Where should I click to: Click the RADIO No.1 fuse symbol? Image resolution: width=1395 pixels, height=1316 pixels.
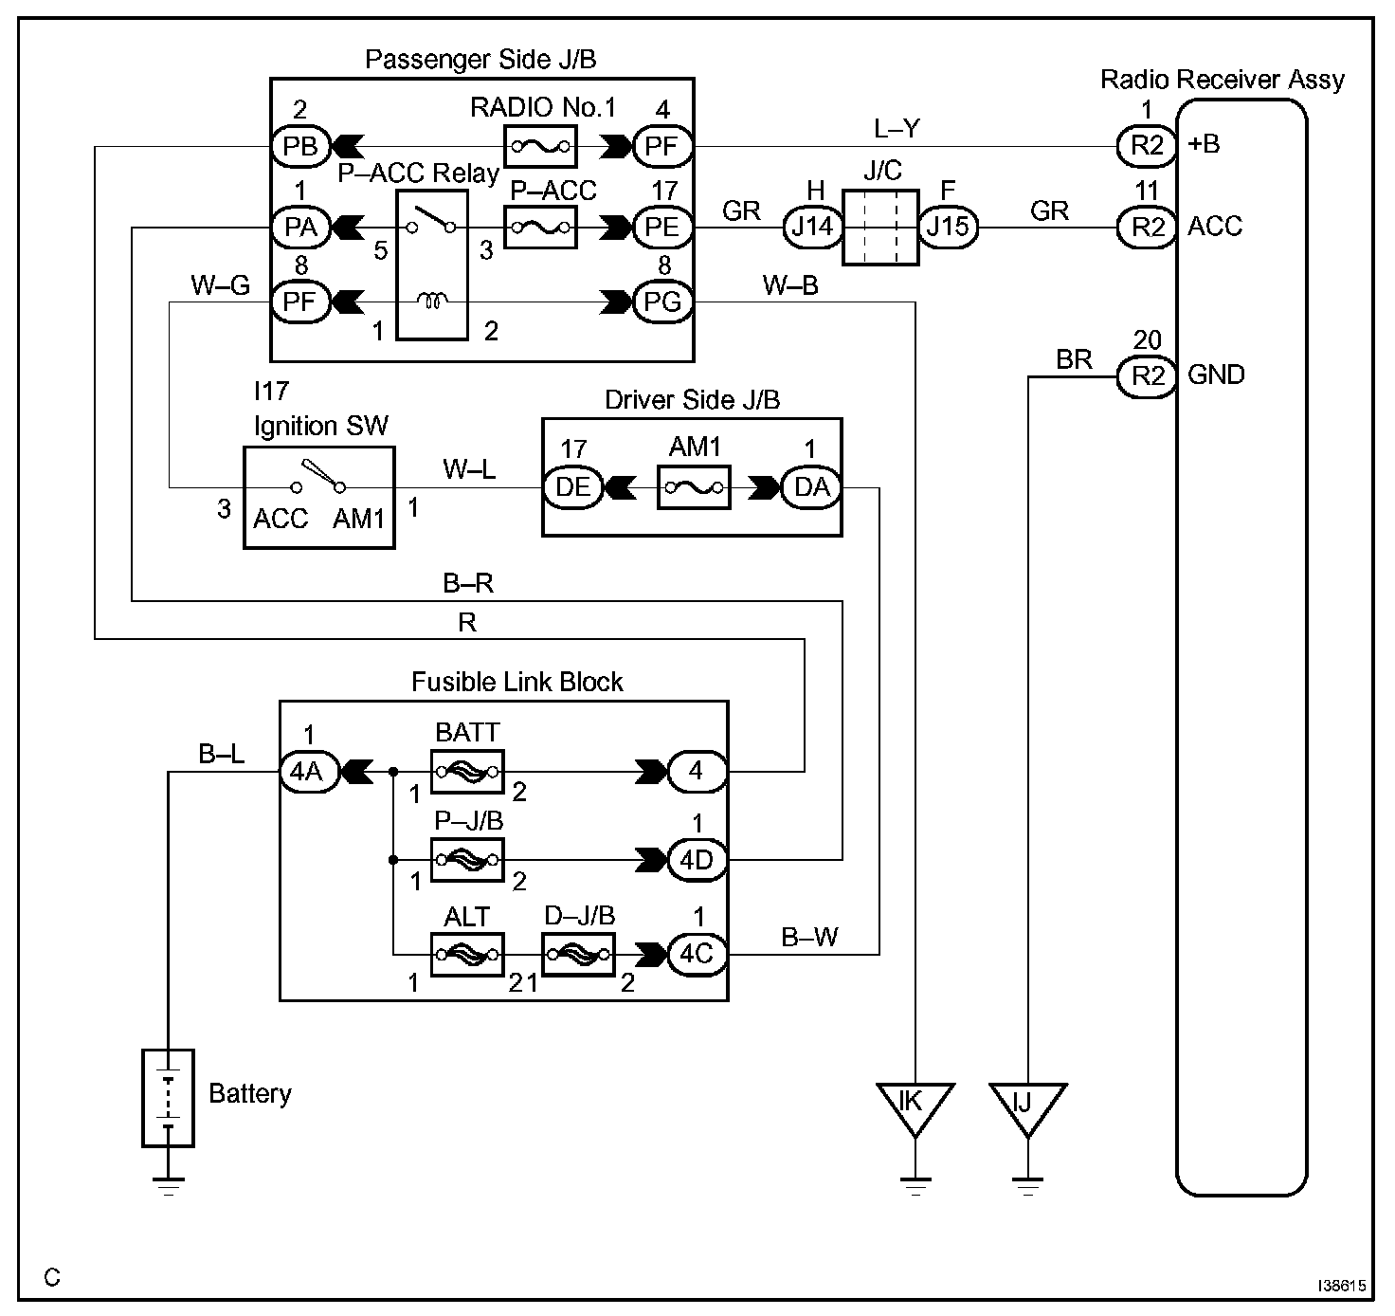click(540, 146)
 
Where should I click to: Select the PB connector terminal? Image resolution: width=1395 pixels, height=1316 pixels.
click(300, 146)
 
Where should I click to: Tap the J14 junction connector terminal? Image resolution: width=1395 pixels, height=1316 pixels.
click(813, 227)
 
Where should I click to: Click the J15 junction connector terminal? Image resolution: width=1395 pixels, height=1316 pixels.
click(949, 227)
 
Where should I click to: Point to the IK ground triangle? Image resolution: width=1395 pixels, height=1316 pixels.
click(915, 1108)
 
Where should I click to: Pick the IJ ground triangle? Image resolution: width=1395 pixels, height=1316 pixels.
click(1027, 1108)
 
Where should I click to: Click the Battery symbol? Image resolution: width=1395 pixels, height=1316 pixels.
click(168, 1098)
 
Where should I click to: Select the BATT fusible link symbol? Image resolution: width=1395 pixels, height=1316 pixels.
click(467, 772)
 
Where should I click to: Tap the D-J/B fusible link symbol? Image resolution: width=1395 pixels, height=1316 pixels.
click(579, 955)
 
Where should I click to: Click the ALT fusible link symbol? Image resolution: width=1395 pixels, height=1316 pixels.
click(467, 955)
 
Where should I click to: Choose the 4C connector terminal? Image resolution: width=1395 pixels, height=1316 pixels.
click(697, 955)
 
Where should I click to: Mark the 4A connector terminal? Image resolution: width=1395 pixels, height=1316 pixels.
click(310, 772)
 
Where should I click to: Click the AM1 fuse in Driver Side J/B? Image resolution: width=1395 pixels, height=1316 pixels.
click(694, 487)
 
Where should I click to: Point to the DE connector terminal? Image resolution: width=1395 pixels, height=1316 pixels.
click(573, 487)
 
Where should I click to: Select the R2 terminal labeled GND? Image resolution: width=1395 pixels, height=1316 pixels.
click(1147, 376)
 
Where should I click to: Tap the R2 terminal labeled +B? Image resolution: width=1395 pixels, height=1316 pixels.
click(1147, 146)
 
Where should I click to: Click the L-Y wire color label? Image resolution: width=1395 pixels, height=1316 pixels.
click(897, 128)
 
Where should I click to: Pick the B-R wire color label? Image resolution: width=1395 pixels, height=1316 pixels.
click(468, 583)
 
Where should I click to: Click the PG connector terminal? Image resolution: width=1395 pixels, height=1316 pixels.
click(662, 302)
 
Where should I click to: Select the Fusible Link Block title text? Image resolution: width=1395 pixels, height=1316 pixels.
click(517, 682)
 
